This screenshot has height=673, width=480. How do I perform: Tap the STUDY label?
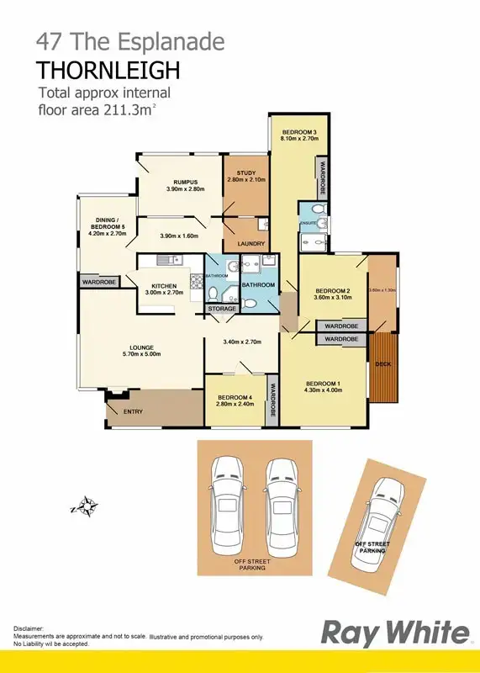245,173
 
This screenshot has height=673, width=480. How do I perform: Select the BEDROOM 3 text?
298,133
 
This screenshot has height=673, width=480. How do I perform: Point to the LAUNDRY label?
251,244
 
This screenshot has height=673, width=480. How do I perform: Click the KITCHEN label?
163,287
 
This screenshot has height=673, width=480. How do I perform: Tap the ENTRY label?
134,411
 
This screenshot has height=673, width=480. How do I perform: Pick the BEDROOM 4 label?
235,398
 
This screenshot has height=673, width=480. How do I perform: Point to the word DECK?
383,364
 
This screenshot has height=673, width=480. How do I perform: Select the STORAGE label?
223,309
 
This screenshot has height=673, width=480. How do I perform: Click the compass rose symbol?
85,506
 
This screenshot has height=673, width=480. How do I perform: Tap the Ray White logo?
396,633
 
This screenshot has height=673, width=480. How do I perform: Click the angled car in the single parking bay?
381,515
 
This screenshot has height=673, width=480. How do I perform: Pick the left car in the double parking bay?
227,500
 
